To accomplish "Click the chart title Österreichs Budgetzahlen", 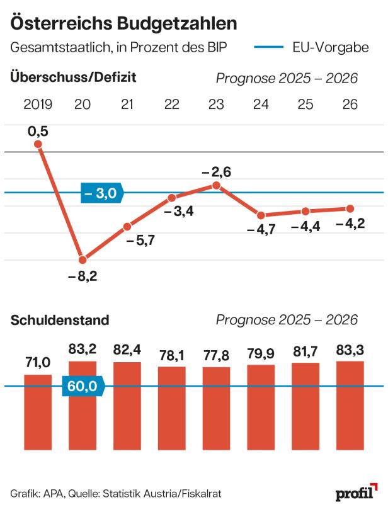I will click(x=123, y=24).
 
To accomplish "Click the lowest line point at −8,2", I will click(x=83, y=259).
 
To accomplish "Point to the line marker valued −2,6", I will click(x=216, y=185).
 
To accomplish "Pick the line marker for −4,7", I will click(x=261, y=215).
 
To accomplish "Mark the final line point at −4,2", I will click(x=350, y=208).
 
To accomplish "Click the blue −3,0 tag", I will click(x=102, y=193).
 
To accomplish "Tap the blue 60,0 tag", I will click(x=82, y=387).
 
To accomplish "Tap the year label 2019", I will click(x=38, y=105).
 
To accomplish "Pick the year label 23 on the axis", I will click(x=216, y=105).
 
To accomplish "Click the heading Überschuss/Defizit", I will click(x=73, y=77).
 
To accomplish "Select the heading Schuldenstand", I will click(x=60, y=320).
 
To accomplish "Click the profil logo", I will click(x=356, y=492).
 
